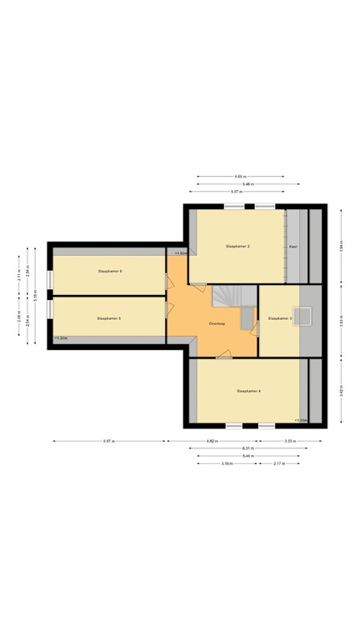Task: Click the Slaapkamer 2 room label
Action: [237, 247]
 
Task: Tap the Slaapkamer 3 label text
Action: [279, 318]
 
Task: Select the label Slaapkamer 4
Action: [248, 390]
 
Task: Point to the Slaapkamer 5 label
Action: [108, 318]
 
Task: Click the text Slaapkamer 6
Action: [110, 271]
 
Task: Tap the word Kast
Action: [293, 247]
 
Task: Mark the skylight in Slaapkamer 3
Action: [306, 315]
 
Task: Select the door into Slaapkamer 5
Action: [169, 309]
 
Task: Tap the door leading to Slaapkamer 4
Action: [223, 357]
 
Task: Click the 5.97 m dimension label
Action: [108, 440]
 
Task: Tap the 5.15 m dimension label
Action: [36, 295]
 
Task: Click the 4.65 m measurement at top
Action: [240, 177]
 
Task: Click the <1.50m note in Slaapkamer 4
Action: [301, 420]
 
